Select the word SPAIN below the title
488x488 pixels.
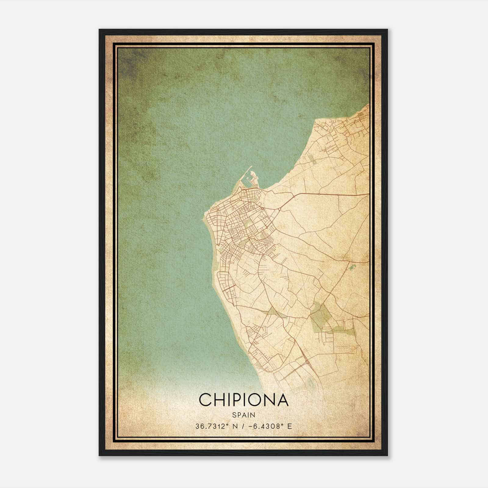point(243,415)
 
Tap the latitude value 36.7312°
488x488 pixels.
point(212,426)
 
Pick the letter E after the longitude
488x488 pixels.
point(289,426)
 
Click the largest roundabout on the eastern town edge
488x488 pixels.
point(279,209)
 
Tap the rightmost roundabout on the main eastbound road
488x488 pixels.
point(339,194)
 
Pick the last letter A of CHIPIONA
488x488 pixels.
point(282,400)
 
